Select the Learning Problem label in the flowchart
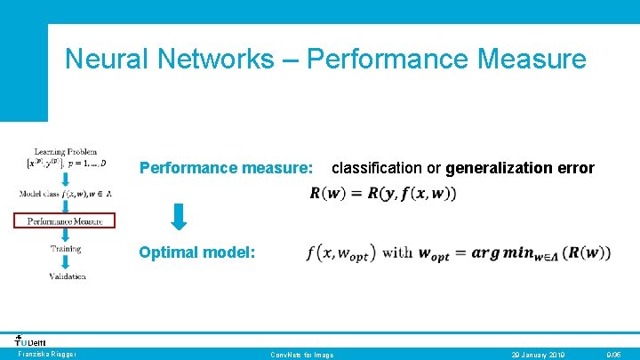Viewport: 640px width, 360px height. pos(66,153)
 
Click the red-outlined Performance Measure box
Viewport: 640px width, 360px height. pos(65,221)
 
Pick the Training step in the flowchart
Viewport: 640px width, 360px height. pos(66,249)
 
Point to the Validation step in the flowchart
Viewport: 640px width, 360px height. pos(68,276)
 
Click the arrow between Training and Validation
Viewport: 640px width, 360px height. pos(67,262)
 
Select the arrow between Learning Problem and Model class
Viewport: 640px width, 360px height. pos(67,180)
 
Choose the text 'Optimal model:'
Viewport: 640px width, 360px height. pos(196,252)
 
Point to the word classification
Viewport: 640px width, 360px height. pos(376,168)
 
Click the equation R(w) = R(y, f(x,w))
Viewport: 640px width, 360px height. pos(383,194)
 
